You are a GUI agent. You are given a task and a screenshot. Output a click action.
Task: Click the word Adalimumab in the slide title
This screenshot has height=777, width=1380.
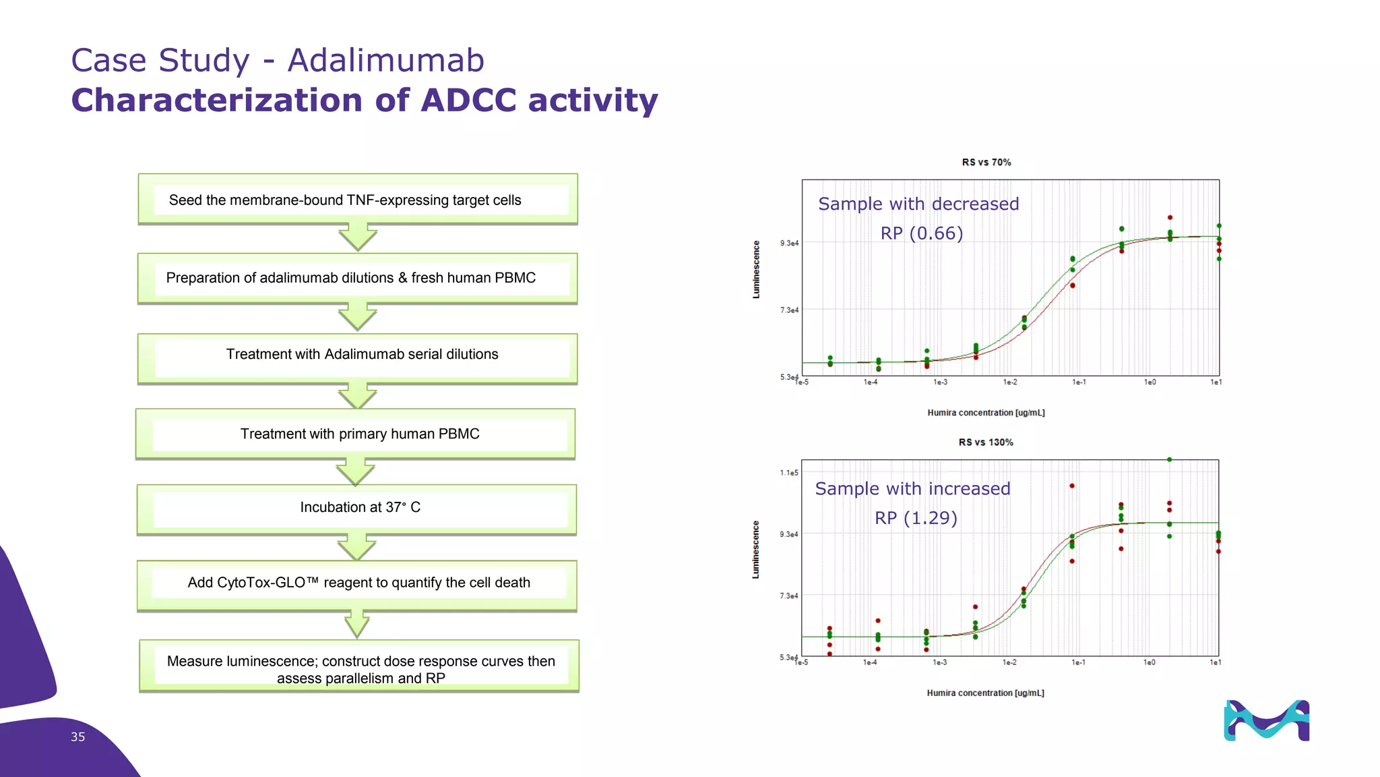[x=385, y=61]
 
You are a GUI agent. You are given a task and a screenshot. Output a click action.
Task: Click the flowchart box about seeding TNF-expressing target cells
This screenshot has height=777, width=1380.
[x=358, y=200]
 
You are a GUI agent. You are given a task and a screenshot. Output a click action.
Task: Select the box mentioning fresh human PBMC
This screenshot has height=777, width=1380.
[x=358, y=278]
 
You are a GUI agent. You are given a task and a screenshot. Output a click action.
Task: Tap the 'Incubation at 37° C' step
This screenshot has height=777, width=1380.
[x=357, y=507]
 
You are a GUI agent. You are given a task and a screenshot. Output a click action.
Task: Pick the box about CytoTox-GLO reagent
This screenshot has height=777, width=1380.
[x=357, y=583]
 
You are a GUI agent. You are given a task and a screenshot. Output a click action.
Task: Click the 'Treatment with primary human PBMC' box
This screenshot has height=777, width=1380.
[x=357, y=434]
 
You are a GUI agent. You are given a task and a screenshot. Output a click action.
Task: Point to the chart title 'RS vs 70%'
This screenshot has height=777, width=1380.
[x=986, y=163]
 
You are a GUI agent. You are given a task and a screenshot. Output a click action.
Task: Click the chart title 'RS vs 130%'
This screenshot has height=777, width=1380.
[x=986, y=442]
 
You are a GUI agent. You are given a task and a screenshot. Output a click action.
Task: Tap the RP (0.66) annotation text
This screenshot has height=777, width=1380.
[x=921, y=233]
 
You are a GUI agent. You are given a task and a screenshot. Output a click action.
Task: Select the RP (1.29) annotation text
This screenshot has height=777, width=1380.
[x=916, y=518]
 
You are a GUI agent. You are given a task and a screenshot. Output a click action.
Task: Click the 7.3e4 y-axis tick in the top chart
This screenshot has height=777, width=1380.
[x=789, y=310]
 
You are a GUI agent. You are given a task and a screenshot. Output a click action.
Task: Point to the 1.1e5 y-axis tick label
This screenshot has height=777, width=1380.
[x=789, y=473]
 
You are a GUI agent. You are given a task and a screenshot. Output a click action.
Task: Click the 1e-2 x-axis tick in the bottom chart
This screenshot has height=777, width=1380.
[x=1009, y=662]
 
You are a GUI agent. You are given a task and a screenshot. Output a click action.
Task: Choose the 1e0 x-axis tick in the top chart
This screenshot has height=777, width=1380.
[x=1150, y=382]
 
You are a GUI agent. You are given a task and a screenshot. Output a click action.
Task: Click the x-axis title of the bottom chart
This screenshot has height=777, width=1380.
[x=985, y=693]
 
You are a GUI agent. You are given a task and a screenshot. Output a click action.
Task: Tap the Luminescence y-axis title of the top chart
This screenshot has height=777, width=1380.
[x=756, y=270]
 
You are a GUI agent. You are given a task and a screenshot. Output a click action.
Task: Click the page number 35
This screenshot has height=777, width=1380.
[x=78, y=737]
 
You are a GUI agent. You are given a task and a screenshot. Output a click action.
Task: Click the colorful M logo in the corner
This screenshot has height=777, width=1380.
[x=1266, y=720]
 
